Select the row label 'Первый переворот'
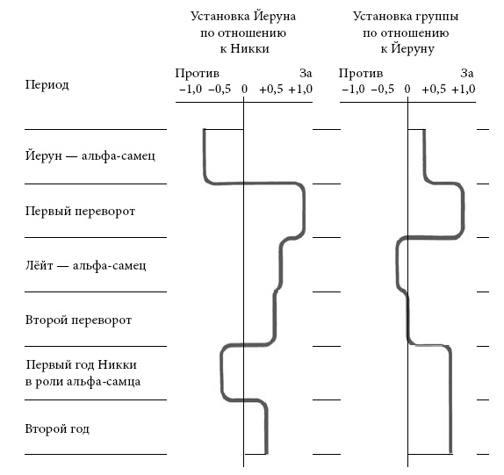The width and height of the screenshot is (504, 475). [x=80, y=212]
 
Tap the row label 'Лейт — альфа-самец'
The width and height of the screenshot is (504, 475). [x=85, y=265]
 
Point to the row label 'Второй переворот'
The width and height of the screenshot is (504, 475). [x=78, y=320]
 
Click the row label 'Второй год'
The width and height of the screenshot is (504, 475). [x=57, y=429]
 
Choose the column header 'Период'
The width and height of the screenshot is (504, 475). [x=47, y=85]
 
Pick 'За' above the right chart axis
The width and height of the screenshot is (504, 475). [x=467, y=73]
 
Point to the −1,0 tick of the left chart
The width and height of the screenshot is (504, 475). [x=191, y=90]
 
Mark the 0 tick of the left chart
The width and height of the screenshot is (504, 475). [x=244, y=90]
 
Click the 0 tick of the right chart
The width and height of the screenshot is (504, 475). [x=407, y=90]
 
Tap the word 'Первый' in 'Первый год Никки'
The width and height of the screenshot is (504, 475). [x=45, y=364]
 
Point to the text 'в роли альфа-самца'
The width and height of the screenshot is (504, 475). [x=83, y=381]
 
